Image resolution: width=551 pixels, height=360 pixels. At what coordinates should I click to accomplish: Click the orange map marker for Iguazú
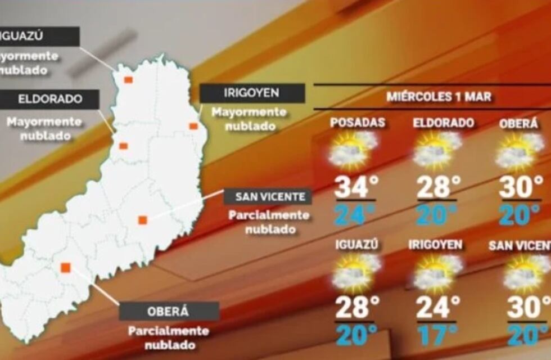tap(128, 79)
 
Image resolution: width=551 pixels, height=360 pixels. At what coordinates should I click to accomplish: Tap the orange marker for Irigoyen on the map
tap(193, 126)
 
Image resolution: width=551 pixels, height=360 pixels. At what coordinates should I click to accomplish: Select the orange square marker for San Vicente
tap(143, 220)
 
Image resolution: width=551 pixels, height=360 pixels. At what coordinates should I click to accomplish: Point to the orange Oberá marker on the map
tap(66, 267)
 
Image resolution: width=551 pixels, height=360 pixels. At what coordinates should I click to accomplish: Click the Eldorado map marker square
tap(123, 146)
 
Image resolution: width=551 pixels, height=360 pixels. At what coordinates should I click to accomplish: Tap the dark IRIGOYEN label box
tap(252, 93)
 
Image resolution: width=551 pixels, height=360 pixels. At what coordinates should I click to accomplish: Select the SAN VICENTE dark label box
tap(268, 196)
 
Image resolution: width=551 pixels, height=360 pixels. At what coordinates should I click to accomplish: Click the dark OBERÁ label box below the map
tap(169, 310)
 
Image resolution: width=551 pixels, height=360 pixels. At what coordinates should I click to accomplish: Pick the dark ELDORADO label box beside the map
tap(49, 99)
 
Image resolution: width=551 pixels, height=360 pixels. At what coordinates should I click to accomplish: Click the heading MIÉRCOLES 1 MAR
tap(439, 96)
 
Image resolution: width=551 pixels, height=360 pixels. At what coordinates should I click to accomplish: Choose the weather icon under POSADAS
tap(353, 151)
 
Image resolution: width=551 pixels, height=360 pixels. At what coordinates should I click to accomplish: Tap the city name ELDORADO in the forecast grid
tap(443, 123)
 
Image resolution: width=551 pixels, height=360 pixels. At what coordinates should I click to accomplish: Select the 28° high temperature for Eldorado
tap(438, 187)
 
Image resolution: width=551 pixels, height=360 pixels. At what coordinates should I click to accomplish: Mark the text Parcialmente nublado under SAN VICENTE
tap(269, 222)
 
